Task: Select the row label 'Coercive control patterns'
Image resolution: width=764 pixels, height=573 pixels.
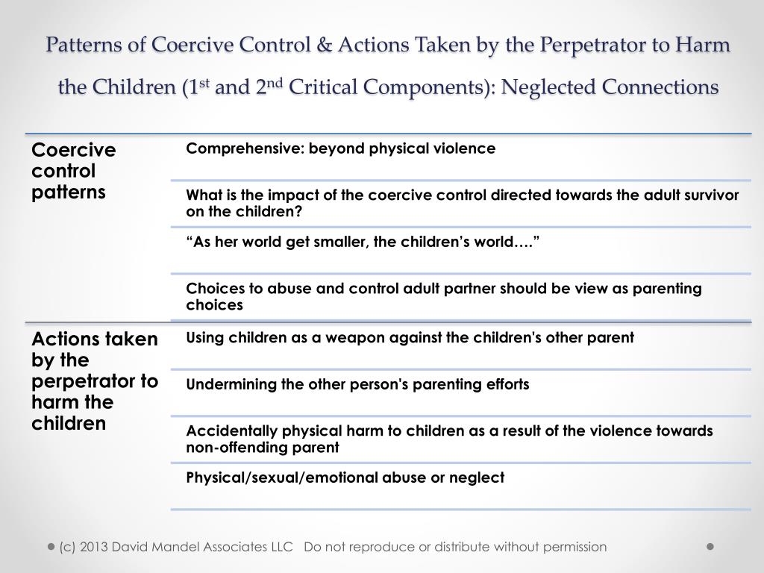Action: point(73,171)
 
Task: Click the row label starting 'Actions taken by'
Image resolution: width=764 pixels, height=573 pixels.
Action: point(94,381)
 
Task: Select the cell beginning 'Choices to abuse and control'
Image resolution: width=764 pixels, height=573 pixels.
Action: point(443,296)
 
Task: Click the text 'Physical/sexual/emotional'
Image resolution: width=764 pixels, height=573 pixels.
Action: point(275,477)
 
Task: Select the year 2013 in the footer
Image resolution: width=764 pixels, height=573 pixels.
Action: point(99,547)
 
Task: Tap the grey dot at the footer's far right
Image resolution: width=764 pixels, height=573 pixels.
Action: point(710,546)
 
